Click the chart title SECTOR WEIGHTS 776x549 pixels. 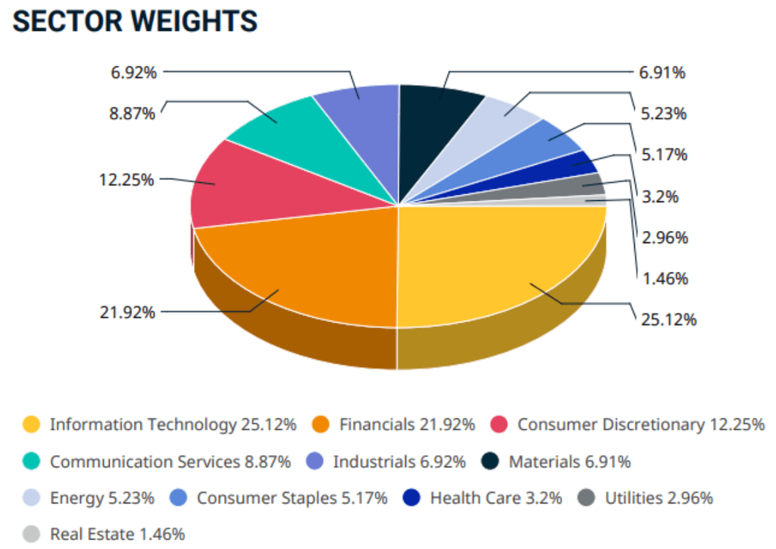[135, 21]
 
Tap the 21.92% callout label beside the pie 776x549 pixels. [127, 312]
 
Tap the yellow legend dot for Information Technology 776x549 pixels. [31, 425]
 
